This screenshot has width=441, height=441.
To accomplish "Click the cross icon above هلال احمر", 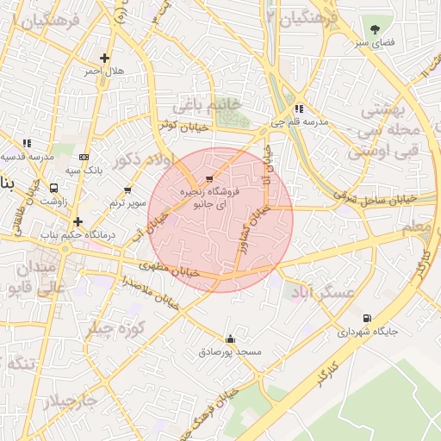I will tap(104, 59).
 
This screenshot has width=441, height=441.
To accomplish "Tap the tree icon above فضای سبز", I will tap(374, 28).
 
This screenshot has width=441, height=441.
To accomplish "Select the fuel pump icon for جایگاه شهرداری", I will tap(369, 318).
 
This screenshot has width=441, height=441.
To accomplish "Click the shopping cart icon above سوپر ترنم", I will tap(127, 190).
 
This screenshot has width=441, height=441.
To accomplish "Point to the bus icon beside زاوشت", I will tap(54, 187).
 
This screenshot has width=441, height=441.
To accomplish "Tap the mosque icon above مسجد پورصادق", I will tap(229, 339).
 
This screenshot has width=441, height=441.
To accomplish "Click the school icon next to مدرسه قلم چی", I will tap(298, 109).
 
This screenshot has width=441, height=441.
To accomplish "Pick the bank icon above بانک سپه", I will tap(84, 157).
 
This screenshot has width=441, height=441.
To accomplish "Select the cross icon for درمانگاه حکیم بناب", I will tap(78, 221).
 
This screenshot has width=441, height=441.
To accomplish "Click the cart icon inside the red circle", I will tap(210, 179).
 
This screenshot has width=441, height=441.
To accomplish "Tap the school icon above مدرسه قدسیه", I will tap(27, 143).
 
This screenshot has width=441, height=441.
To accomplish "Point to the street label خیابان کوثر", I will tap(182, 126).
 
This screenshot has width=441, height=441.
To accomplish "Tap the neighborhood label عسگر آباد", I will tap(325, 293).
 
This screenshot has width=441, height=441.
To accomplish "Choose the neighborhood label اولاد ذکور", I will tap(142, 160).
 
